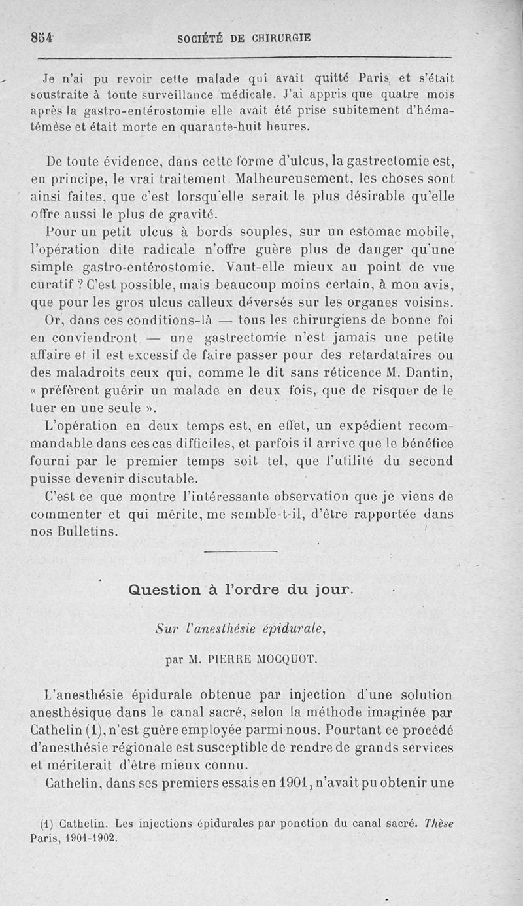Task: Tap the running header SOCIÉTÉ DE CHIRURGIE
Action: tap(244, 38)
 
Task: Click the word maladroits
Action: tap(85, 373)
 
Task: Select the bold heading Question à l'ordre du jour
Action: tap(240, 590)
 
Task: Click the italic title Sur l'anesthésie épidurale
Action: tap(240, 629)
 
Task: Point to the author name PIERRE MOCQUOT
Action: tap(258, 660)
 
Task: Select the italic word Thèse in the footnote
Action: tap(439, 824)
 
